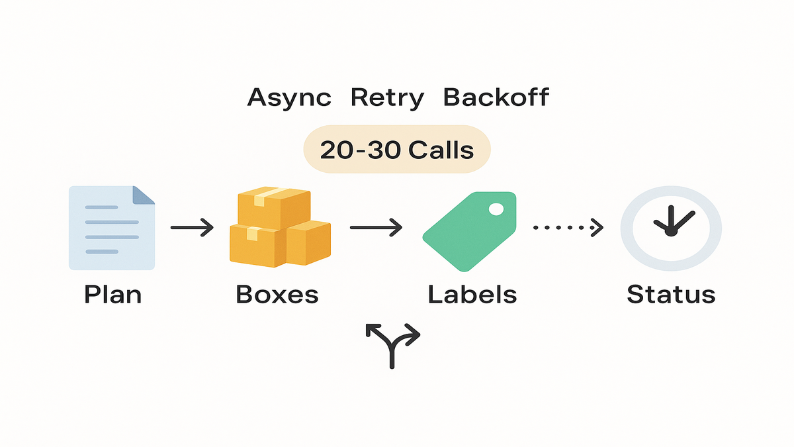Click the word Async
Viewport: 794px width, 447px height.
tap(288, 98)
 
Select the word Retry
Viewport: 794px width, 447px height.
tap(387, 98)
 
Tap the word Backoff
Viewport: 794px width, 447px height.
tap(496, 98)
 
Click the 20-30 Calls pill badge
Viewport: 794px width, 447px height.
tap(396, 150)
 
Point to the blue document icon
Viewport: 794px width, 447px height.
tap(112, 228)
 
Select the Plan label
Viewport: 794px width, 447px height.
tap(112, 294)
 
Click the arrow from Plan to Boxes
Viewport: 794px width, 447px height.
tap(192, 228)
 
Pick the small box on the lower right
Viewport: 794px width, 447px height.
tap(308, 242)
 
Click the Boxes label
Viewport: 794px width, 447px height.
tap(277, 294)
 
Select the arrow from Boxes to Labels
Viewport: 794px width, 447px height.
tap(376, 228)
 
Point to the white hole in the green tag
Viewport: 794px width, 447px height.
tap(496, 209)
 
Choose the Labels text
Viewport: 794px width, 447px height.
tap(472, 294)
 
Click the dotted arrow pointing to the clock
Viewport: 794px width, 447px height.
tap(568, 228)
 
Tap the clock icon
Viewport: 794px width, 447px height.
tap(671, 228)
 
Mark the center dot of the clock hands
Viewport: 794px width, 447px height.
tap(671, 232)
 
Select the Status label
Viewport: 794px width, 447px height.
tap(671, 294)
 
